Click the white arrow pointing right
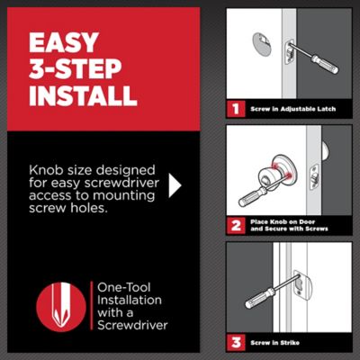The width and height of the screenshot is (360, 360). tap(175, 185)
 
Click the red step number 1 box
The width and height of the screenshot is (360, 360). tap(236, 109)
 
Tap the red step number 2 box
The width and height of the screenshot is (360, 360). tap(236, 227)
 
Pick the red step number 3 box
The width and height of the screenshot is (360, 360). tap(236, 343)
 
